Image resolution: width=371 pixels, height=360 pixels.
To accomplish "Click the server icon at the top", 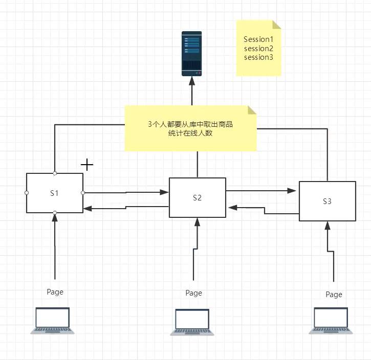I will click(x=192, y=54).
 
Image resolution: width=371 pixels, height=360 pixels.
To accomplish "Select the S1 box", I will click(x=55, y=193).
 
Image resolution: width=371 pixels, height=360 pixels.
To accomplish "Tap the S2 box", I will click(x=198, y=197).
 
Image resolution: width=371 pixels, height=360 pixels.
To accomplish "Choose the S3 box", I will click(x=328, y=201).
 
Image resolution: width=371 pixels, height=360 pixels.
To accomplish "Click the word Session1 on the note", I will click(x=258, y=39).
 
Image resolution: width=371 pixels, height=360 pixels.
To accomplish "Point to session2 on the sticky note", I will click(x=258, y=48).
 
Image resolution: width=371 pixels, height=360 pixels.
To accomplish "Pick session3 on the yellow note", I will click(x=258, y=57).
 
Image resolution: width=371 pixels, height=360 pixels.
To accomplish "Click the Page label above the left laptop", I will click(x=55, y=291).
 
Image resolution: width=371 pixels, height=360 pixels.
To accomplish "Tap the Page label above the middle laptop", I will click(x=193, y=293).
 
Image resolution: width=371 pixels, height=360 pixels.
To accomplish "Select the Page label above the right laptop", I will click(x=334, y=294).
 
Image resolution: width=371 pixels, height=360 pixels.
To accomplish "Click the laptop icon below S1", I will click(x=52, y=321).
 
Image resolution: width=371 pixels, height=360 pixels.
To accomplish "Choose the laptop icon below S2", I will click(x=192, y=322).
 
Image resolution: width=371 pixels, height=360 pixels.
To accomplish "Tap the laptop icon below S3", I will click(x=331, y=321).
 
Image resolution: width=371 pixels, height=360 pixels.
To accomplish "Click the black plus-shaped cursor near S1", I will click(x=88, y=165).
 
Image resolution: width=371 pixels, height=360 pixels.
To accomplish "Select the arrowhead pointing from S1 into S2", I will click(x=164, y=192).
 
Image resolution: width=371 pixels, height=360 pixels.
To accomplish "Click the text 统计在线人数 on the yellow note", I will click(x=190, y=133).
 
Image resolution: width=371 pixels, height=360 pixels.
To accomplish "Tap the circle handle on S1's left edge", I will click(x=26, y=193).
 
